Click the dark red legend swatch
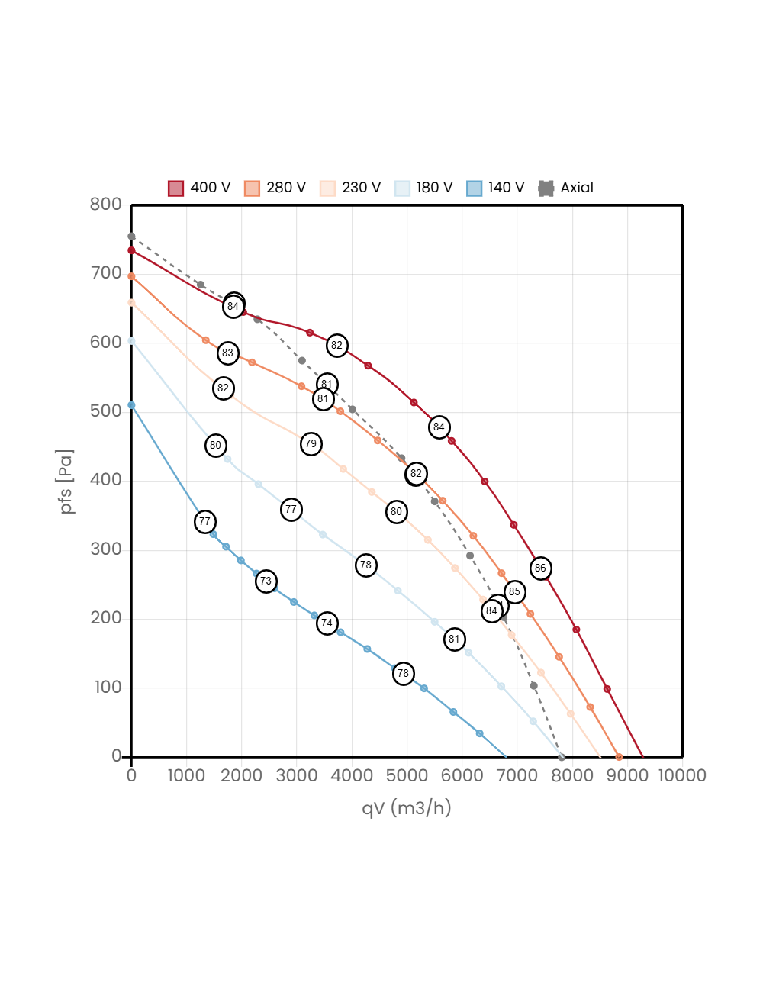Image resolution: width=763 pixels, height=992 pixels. point(175,188)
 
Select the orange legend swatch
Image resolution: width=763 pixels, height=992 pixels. point(252,188)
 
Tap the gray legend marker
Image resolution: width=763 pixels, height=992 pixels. point(546,188)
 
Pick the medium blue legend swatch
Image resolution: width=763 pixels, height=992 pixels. point(475,188)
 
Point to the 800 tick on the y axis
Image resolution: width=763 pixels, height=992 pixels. point(105,204)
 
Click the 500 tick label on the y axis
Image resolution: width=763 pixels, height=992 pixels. point(105,411)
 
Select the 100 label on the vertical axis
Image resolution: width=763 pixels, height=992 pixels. point(108,687)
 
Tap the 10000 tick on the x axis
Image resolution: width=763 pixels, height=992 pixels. point(682,775)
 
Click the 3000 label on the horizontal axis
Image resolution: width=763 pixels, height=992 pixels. point(297,775)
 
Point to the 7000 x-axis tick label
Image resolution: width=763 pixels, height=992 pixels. point(517,775)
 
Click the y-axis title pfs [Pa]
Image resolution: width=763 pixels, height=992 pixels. point(67,482)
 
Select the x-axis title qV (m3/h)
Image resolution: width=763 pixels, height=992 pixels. point(407,808)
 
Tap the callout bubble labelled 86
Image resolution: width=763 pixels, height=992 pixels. point(540,568)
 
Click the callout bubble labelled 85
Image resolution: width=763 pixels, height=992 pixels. point(514,591)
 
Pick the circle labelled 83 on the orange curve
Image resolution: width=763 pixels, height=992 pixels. point(227,353)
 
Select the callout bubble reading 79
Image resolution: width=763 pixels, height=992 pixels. point(311,443)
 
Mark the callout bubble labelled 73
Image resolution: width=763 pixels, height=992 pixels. point(266,581)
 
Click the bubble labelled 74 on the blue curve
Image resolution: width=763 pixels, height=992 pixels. point(327,623)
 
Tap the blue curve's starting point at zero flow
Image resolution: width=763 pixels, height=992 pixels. point(131,405)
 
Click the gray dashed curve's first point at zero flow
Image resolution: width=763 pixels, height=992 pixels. point(131,237)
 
